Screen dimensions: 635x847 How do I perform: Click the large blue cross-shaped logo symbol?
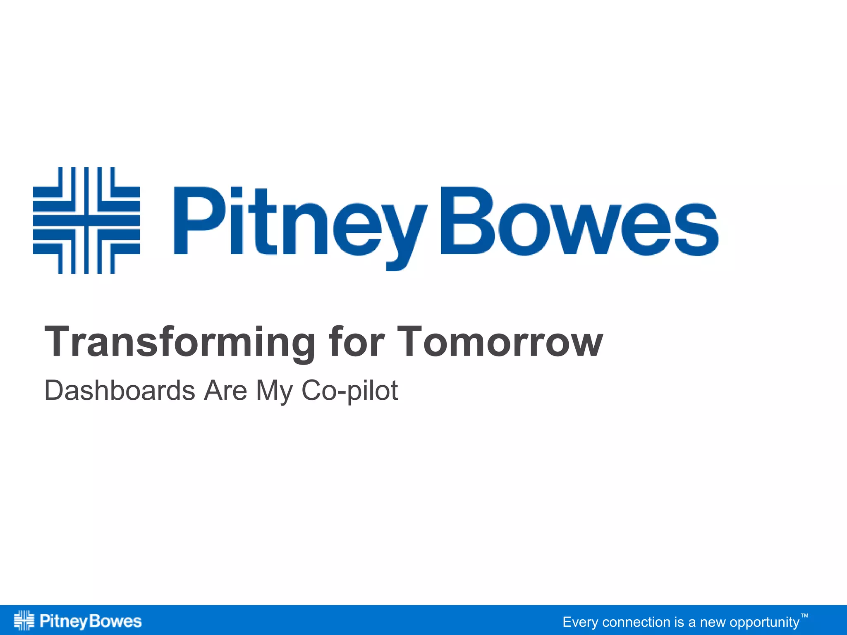(86, 220)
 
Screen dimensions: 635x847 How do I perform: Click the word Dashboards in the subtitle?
(120, 390)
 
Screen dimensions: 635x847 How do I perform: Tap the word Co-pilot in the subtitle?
(349, 391)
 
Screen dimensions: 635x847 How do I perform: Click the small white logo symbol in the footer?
(24, 620)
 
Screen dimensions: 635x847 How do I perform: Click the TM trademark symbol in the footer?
(804, 616)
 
